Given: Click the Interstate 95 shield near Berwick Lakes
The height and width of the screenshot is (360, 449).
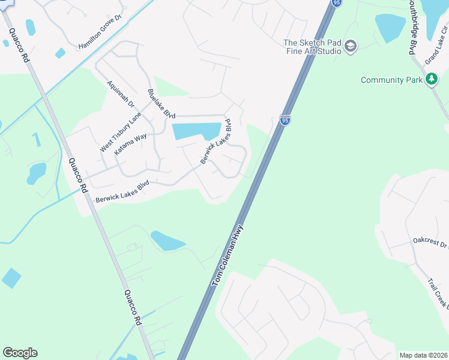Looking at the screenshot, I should [x=285, y=121].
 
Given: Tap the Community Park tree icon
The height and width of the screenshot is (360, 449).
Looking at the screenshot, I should [x=431, y=79].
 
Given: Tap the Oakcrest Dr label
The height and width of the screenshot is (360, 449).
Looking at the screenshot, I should [x=430, y=242].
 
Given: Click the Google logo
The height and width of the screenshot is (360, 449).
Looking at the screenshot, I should [x=20, y=353].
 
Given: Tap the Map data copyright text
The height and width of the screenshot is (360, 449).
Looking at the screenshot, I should [x=424, y=355].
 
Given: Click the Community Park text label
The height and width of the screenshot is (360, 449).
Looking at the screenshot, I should [x=391, y=80].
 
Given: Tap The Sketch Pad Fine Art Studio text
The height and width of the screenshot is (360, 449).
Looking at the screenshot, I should [x=312, y=47].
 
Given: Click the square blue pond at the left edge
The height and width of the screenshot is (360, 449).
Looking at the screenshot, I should [x=11, y=278].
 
